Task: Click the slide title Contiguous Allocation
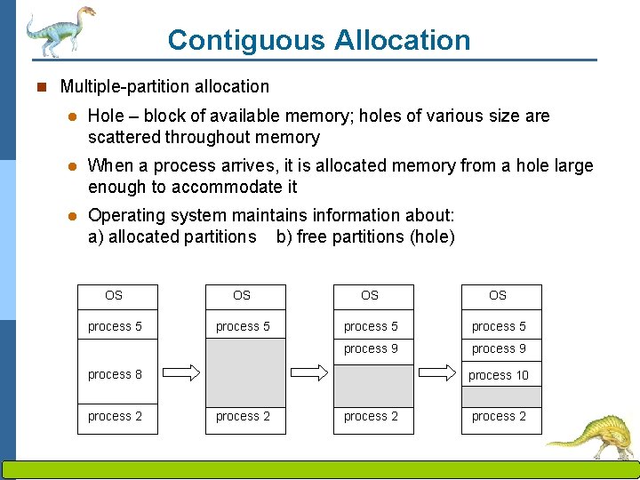(318, 40)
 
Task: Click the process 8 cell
(116, 374)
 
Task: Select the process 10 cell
(498, 375)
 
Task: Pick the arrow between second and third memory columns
(310, 372)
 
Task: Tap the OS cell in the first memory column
(114, 295)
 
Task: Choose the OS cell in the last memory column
(498, 295)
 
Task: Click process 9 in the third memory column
(371, 348)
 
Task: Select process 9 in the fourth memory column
(498, 348)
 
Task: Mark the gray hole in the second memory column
(245, 372)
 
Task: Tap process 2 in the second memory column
(243, 416)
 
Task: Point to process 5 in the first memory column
(115, 326)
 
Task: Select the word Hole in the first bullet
(106, 116)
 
